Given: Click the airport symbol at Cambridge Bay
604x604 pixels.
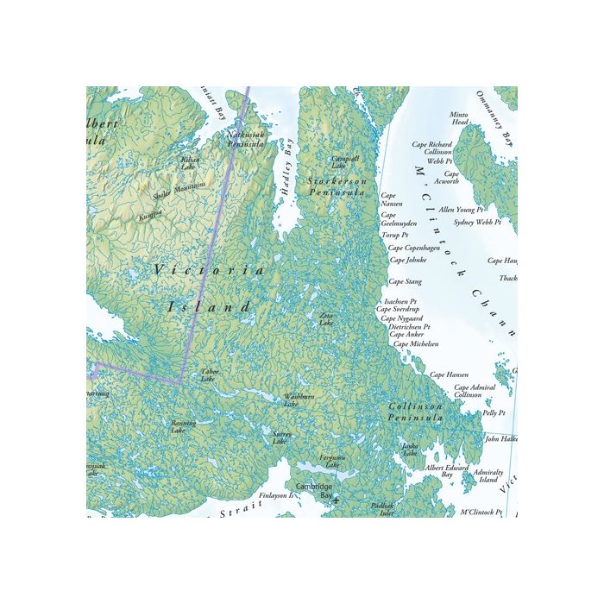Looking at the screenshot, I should [x=336, y=500].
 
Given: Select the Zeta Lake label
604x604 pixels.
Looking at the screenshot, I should [x=326, y=319].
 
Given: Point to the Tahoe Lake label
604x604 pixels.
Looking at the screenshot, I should [x=210, y=375].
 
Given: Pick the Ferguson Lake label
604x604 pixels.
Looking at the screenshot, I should [x=332, y=461].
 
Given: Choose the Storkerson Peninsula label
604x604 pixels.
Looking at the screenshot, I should [x=337, y=187].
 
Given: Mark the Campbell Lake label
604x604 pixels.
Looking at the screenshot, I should [x=345, y=161].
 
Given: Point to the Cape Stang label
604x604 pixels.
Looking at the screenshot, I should [x=405, y=281].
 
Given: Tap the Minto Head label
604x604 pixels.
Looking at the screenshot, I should [x=460, y=118].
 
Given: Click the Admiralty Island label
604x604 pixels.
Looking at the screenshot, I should [x=488, y=475].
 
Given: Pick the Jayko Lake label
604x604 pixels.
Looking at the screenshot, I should [x=410, y=450].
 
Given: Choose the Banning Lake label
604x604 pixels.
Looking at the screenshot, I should [x=183, y=426].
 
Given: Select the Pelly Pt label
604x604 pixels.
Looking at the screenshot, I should [x=494, y=413].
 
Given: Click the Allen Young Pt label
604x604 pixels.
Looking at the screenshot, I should [x=462, y=210].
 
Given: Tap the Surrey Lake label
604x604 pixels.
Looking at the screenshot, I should [x=280, y=437].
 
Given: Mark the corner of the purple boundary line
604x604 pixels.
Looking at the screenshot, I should [x=180, y=381].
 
